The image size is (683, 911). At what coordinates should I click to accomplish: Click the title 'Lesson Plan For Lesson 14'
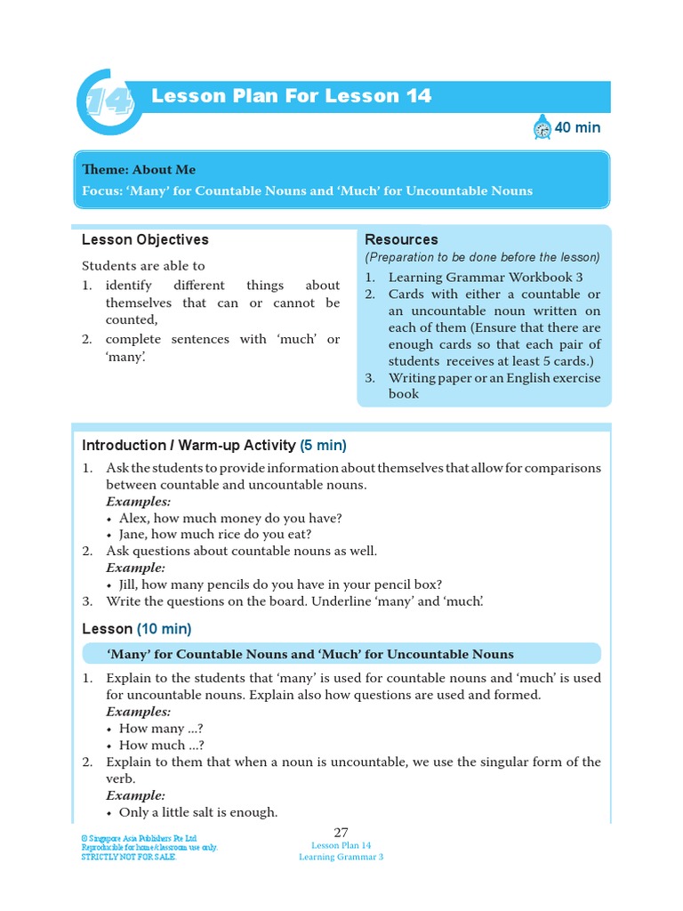click(x=291, y=96)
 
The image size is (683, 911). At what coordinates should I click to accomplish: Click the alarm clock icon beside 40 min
click(x=542, y=128)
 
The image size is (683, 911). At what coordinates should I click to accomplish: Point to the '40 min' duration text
click(x=577, y=128)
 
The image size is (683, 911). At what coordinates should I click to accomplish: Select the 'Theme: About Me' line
click(x=139, y=170)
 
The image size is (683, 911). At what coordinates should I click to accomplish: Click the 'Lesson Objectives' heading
click(x=145, y=240)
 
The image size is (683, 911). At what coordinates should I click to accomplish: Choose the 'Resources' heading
click(x=401, y=240)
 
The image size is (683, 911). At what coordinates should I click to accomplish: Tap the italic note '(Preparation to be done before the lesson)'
click(x=482, y=257)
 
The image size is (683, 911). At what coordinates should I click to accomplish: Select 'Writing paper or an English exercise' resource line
click(x=494, y=377)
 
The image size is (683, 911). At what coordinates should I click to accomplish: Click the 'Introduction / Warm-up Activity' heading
click(x=189, y=446)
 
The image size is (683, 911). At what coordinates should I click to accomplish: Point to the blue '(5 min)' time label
click(x=323, y=446)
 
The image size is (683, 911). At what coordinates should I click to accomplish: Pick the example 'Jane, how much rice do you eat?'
click(x=215, y=535)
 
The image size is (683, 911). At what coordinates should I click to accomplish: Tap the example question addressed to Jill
click(x=280, y=584)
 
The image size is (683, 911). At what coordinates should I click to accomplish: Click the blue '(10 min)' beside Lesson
click(x=164, y=629)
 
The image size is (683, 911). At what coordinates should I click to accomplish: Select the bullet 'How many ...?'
click(x=152, y=729)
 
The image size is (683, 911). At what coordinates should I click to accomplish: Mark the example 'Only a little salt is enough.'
click(x=198, y=812)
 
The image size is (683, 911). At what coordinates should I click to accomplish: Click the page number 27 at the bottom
click(x=341, y=831)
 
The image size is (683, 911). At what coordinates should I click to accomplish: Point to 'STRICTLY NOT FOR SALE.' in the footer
click(x=129, y=857)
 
